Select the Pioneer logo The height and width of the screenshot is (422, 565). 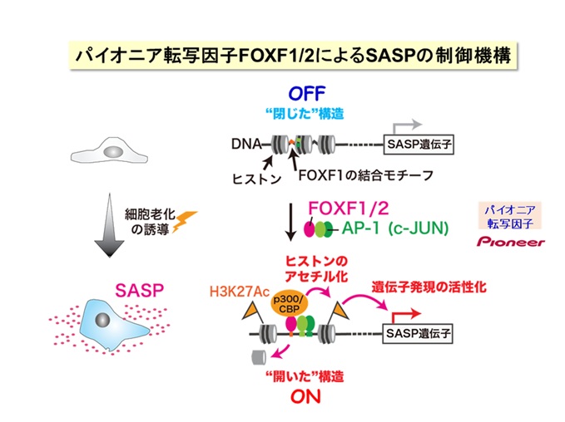(x=510, y=243)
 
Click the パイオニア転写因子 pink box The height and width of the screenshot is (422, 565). (x=510, y=214)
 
